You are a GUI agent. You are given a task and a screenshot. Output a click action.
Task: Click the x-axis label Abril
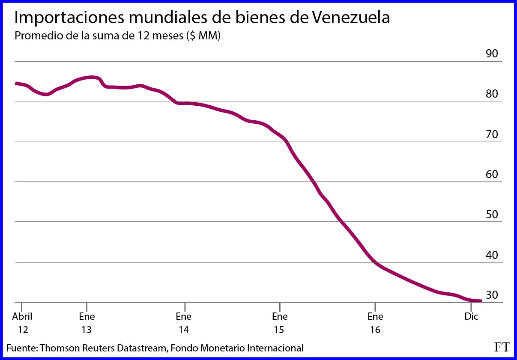(x=22, y=317)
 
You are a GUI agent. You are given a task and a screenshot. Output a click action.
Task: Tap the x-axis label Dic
(x=472, y=317)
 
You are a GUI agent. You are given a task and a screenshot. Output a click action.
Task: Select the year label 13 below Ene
(x=87, y=330)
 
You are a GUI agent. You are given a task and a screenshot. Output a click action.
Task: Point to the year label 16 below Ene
(x=375, y=330)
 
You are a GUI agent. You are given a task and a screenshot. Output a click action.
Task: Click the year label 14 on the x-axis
(x=184, y=330)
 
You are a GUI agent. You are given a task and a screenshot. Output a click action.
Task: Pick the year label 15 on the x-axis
(x=280, y=330)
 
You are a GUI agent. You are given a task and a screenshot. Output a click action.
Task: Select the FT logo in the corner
(x=502, y=347)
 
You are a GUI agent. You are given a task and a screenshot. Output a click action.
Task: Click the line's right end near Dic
(x=481, y=301)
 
